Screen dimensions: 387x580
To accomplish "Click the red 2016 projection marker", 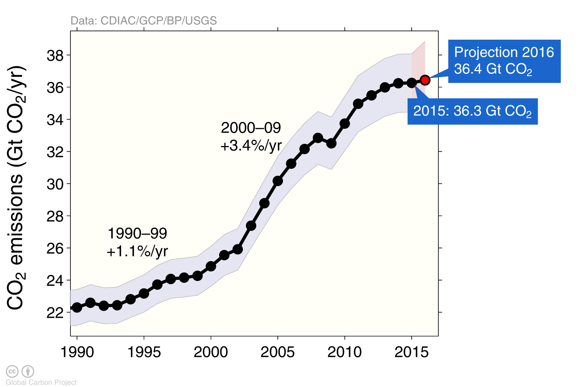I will (425, 80).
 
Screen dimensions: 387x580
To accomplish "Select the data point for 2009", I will (331, 143).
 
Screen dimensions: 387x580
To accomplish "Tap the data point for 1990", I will (77, 307).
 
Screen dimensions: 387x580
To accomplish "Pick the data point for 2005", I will (278, 181).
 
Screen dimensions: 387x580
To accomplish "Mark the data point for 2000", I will (211, 266).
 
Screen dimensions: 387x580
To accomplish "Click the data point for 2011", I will (358, 104).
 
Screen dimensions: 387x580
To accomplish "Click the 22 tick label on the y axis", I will (55, 312).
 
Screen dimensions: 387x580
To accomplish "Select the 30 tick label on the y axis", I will (55, 184).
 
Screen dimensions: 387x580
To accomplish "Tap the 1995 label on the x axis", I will (144, 352).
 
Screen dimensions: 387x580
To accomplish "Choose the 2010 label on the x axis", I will (345, 352).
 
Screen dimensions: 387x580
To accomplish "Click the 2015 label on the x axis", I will (411, 352).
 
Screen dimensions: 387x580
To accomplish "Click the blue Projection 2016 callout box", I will (504, 61).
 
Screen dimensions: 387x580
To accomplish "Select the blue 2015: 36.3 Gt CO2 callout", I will (472, 111).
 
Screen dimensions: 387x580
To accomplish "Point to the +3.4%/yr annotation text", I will (251, 146).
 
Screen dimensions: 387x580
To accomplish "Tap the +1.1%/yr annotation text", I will (137, 251).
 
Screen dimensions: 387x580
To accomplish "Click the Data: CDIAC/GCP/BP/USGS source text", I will (144, 21).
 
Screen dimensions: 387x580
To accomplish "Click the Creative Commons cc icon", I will (12, 371).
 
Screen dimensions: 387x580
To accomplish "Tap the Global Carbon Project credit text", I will (41, 382).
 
